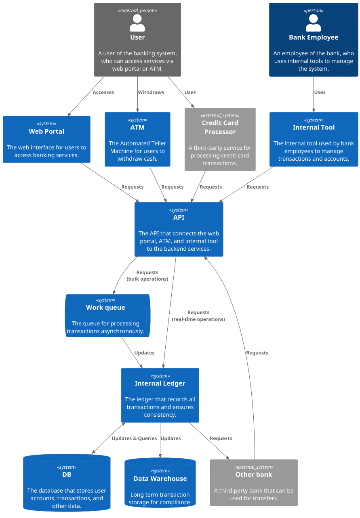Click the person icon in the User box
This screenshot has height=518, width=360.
pyautogui.click(x=137, y=23)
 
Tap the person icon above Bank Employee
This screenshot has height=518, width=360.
pyautogui.click(x=314, y=23)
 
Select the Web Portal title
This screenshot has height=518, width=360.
pyautogui.click(x=46, y=131)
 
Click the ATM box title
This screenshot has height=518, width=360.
pyautogui.click(x=137, y=127)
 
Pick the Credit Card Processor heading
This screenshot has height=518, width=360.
pyautogui.click(x=220, y=127)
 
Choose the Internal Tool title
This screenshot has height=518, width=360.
pyautogui.click(x=314, y=127)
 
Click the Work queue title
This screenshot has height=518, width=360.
pyautogui.click(x=105, y=307)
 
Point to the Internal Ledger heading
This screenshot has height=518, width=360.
pyautogui.click(x=160, y=383)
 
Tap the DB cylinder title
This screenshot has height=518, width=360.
pyautogui.click(x=67, y=474)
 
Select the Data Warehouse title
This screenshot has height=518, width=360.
pyautogui.click(x=160, y=478)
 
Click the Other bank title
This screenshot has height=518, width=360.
pyautogui.click(x=254, y=474)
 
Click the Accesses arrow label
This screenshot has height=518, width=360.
pyautogui.click(x=103, y=92)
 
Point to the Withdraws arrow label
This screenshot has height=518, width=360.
pyautogui.click(x=151, y=92)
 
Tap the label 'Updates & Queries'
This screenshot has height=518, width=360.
pyautogui.click(x=134, y=438)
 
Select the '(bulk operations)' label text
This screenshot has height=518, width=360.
pyautogui.click(x=147, y=279)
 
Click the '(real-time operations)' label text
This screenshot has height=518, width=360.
pyautogui.click(x=198, y=319)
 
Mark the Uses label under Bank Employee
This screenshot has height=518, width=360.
pyautogui.click(x=320, y=92)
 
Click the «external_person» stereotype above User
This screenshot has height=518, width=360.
pyautogui.click(x=137, y=10)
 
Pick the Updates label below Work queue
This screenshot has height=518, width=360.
pyautogui.click(x=144, y=353)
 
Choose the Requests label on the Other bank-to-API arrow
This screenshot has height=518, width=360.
pyautogui.click(x=257, y=353)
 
